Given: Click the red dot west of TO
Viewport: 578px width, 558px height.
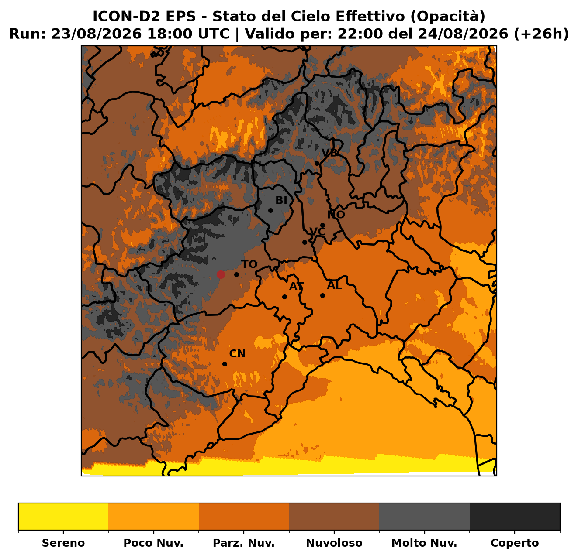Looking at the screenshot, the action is tap(221, 275).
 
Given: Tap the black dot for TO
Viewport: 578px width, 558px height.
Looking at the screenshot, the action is tap(236, 275).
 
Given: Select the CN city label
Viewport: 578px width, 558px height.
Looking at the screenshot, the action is tap(237, 354).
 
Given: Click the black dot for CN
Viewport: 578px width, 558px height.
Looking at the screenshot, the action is tap(225, 364).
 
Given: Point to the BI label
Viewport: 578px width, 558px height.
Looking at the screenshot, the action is tap(281, 201).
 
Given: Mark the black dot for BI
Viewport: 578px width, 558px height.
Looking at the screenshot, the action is tap(270, 211).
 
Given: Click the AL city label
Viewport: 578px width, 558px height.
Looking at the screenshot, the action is tap(335, 285).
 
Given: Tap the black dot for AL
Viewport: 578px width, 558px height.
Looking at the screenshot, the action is tap(322, 295).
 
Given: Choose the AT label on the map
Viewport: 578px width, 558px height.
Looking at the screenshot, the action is tap(297, 287).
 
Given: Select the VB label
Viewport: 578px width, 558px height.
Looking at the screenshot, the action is tap(330, 153).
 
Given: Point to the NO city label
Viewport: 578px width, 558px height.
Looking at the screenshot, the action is tap(336, 215).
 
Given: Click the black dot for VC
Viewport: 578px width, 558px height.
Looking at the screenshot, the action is tap(305, 243).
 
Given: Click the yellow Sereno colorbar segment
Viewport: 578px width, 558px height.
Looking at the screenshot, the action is tap(63, 517).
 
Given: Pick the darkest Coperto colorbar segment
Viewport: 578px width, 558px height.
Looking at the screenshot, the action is tap(515, 517).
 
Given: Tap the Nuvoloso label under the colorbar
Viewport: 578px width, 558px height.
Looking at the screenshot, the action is tap(334, 543).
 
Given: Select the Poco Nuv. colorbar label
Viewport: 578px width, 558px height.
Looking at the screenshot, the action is tap(153, 543).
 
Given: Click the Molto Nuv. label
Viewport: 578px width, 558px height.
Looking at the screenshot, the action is tap(424, 543).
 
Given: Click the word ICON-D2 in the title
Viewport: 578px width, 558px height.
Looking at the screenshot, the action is tap(144, 16).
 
